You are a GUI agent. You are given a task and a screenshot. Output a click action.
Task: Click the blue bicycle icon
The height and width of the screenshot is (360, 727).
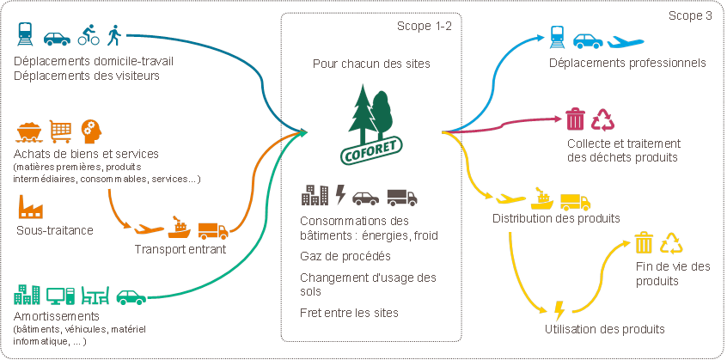click(x=89, y=36)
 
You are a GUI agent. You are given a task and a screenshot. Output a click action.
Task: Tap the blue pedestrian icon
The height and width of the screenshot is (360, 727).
click(x=115, y=35)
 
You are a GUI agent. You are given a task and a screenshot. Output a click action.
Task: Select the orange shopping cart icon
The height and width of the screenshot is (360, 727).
click(x=60, y=131)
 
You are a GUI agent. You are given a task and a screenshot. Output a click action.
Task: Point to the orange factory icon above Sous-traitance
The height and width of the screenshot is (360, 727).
click(x=31, y=207)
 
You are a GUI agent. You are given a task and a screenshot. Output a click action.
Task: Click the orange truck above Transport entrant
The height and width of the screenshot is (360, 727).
click(x=213, y=230)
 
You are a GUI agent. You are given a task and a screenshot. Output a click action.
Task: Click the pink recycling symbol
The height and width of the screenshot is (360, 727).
click(x=604, y=119)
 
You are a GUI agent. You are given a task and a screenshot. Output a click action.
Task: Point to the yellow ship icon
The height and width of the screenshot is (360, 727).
click(x=542, y=198)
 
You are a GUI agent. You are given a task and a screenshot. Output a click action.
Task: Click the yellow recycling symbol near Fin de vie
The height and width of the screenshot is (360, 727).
click(x=672, y=243)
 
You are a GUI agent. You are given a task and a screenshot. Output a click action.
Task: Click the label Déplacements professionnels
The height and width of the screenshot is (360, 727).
click(x=628, y=63)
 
